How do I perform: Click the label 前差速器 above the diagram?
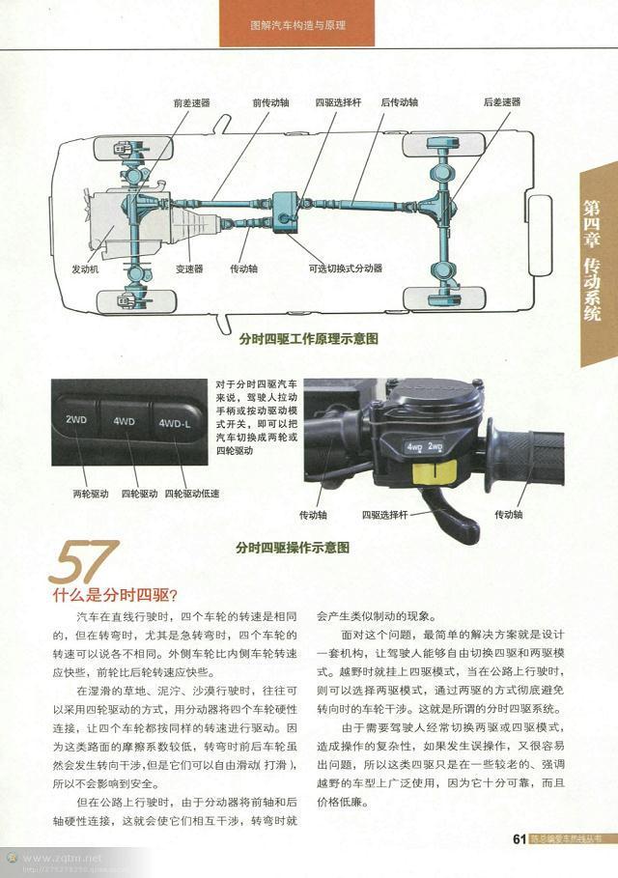tap(191, 102)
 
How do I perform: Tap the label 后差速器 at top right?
tap(501, 102)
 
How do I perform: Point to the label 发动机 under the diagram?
tap(85, 269)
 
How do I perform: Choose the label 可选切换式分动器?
tap(345, 269)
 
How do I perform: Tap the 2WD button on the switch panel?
tap(76, 420)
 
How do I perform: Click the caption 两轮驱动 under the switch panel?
tap(91, 494)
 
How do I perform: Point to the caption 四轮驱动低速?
tap(191, 494)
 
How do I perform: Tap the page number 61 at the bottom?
tap(518, 838)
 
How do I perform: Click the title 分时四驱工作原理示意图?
tap(307, 339)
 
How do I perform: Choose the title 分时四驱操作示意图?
tap(292, 547)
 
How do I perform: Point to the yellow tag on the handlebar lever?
tap(434, 473)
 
